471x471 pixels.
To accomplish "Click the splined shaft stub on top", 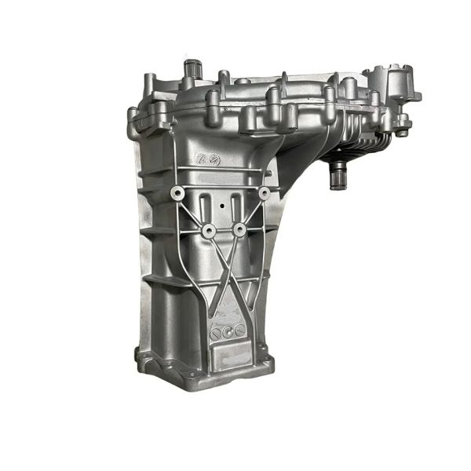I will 190,71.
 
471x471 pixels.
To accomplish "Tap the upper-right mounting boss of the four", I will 264,192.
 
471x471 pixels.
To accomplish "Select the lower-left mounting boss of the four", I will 209,230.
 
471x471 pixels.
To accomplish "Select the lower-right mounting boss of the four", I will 239,230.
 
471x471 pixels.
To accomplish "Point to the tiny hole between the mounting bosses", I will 224,207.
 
